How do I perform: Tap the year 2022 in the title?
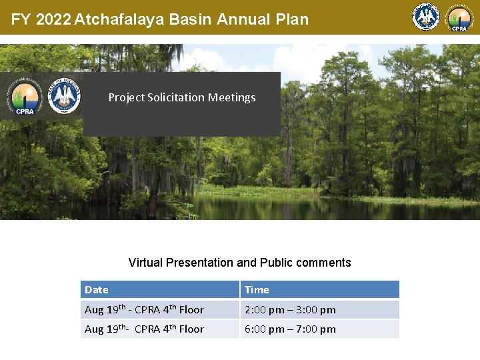[53, 19]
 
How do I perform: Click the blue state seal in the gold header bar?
[426, 17]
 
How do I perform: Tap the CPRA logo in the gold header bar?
[459, 18]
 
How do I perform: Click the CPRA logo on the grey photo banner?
[25, 99]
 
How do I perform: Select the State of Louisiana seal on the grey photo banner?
[64, 96]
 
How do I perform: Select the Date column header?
[97, 289]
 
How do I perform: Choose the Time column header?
[257, 289]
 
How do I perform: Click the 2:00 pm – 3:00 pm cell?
[290, 309]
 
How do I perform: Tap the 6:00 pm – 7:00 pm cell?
[290, 329]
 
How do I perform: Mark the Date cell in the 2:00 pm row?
[144, 309]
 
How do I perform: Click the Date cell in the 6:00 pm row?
[144, 329]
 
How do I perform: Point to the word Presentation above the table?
[200, 263]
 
